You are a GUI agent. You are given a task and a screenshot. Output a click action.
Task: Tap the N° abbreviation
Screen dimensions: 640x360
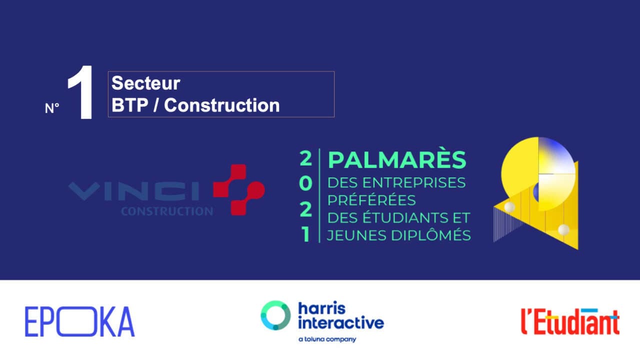(x=51, y=108)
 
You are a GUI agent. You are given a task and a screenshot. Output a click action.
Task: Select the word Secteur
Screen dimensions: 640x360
(x=145, y=83)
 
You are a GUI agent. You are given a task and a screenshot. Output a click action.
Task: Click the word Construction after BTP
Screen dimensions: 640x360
(x=221, y=105)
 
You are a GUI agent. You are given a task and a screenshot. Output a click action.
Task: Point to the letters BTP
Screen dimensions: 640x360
(x=129, y=105)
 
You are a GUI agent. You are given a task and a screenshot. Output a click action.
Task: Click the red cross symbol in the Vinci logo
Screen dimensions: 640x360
(x=239, y=189)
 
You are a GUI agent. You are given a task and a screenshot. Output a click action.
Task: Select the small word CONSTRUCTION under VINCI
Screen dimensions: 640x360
(x=167, y=211)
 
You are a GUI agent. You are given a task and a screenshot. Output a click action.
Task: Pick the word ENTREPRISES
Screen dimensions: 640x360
(x=414, y=183)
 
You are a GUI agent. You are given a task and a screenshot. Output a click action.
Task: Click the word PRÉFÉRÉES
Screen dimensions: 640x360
(x=371, y=199)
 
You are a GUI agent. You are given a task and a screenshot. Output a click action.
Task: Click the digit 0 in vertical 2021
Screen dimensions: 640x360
(x=305, y=183)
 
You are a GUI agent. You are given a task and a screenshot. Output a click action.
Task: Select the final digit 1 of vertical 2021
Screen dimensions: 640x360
(x=305, y=234)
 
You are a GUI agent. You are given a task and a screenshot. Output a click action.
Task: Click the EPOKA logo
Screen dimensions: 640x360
(x=79, y=321)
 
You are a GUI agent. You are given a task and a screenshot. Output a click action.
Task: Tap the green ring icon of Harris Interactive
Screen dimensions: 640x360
(x=275, y=315)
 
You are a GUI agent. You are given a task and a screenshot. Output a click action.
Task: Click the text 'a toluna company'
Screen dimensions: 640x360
(x=327, y=339)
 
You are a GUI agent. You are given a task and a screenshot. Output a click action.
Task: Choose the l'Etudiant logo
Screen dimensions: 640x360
(x=570, y=321)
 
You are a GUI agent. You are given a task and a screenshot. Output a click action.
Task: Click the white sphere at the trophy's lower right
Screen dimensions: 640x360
(x=563, y=229)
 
